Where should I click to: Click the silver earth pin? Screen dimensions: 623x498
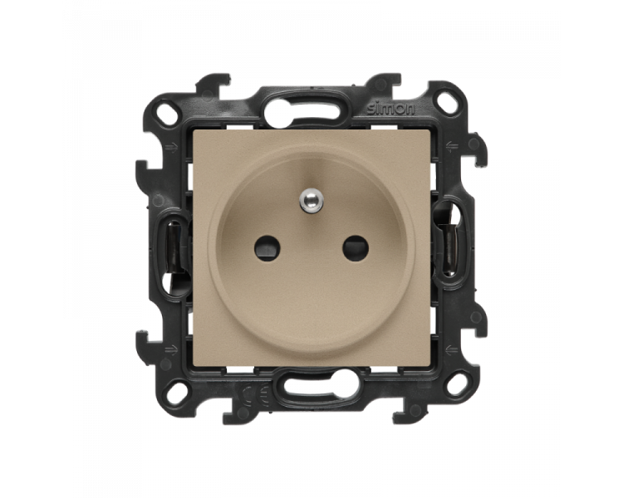[x=311, y=201]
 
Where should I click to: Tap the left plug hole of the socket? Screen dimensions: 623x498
[x=267, y=248]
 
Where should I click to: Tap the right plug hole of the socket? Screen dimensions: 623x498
[x=356, y=248]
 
